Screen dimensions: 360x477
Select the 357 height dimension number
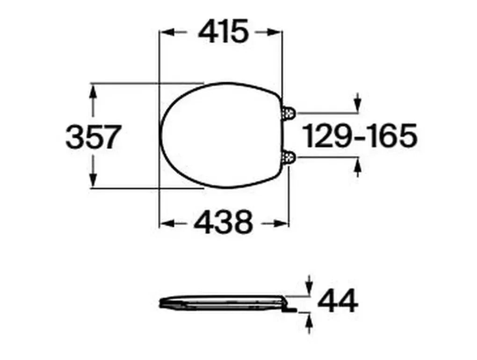(94, 137)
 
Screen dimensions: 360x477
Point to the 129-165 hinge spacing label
(360, 136)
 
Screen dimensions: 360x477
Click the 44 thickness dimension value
(338, 300)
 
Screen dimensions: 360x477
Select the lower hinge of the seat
(289, 157)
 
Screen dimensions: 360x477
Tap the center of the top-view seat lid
(222, 136)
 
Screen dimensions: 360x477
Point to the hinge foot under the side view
(290, 309)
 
